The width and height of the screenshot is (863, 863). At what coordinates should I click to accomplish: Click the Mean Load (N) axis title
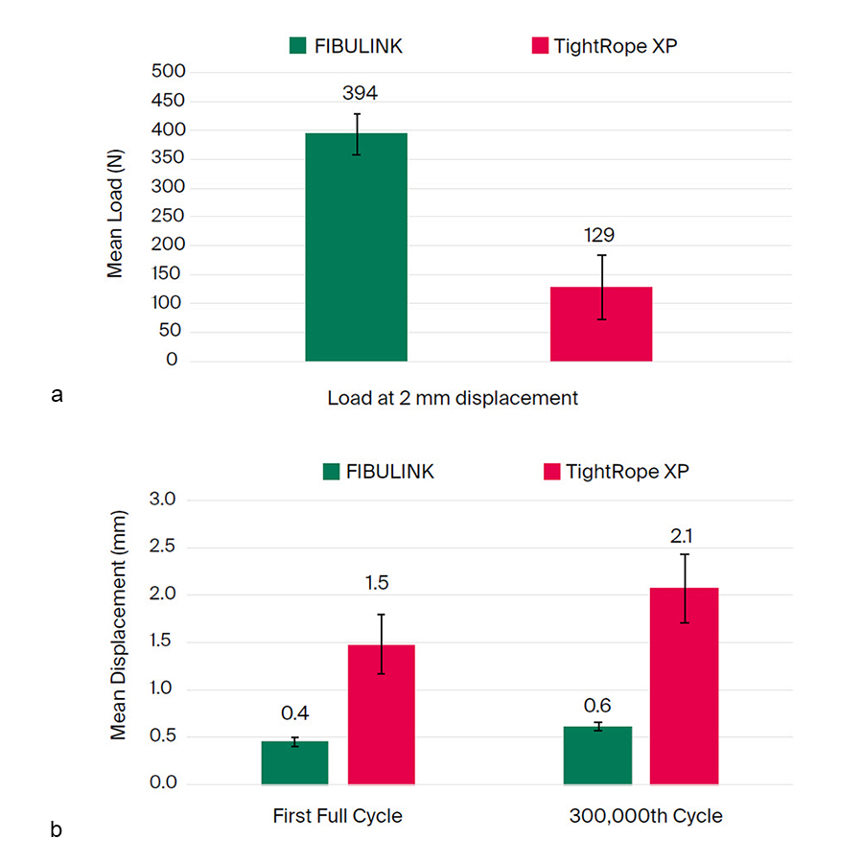(116, 217)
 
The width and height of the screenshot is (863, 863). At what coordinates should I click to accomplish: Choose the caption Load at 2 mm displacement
(453, 398)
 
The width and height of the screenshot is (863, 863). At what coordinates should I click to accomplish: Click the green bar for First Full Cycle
(294, 762)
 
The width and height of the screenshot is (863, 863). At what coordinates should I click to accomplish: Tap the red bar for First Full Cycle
(381, 714)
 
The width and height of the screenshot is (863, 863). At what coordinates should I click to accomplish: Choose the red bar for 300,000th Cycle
(684, 686)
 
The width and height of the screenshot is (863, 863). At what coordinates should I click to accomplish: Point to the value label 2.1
(684, 534)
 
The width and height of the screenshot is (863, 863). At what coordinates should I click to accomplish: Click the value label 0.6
(597, 706)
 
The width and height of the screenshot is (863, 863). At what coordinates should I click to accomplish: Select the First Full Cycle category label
(337, 817)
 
